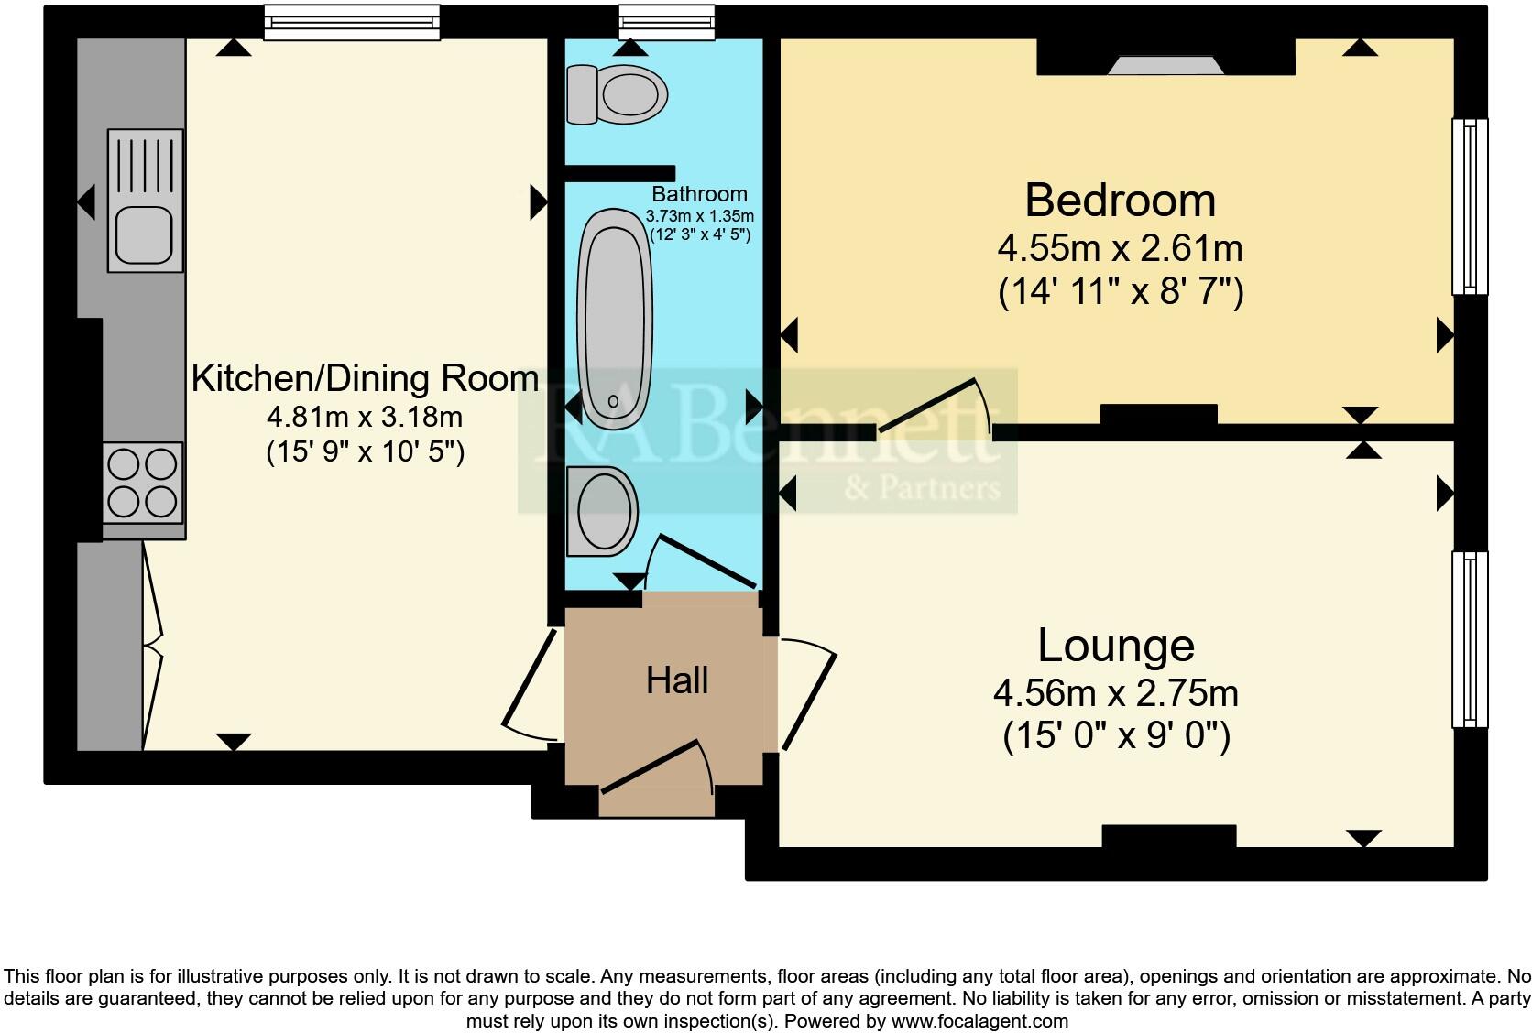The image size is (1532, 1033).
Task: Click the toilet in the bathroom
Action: [616, 94]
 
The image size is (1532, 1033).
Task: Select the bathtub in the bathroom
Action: [615, 318]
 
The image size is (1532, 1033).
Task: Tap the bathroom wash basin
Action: [602, 510]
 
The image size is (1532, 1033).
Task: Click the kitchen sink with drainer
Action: [145, 200]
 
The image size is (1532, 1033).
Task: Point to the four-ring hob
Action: [142, 483]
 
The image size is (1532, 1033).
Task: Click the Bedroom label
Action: [1120, 201]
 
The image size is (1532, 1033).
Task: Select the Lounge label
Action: [1116, 646]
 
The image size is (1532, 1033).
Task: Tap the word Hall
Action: [677, 680]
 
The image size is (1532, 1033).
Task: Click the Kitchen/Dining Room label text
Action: [365, 378]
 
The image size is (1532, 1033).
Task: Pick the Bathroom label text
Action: [699, 194]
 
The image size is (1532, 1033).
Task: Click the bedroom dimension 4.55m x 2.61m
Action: [1120, 248]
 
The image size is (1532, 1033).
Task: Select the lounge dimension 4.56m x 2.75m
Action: [1116, 693]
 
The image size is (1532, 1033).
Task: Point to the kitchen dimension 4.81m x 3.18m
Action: [365, 418]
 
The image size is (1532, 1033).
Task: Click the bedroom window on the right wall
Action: [1470, 206]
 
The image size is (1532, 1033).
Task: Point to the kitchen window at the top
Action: [352, 23]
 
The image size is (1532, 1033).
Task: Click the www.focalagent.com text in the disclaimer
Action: [979, 1020]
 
